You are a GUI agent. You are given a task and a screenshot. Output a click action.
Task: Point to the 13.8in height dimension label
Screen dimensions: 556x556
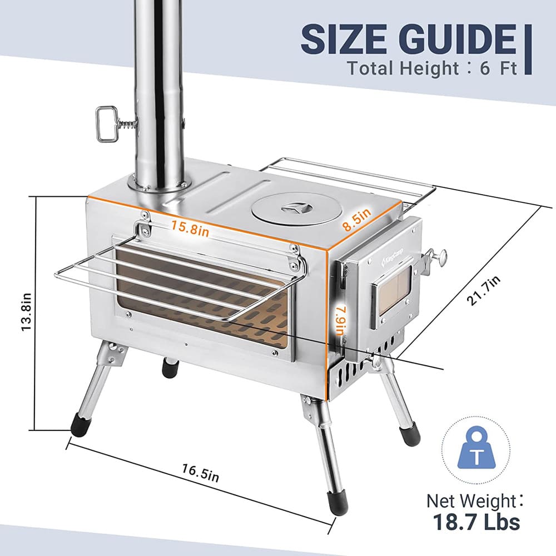24,313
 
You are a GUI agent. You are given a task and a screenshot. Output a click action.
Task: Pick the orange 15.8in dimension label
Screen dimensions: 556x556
190,228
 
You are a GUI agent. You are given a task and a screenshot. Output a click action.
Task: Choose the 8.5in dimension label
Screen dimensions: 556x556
356,220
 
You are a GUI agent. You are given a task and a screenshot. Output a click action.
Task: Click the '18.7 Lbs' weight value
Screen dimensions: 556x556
476,523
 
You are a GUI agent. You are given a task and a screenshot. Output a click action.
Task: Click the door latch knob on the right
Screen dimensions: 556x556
441,256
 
